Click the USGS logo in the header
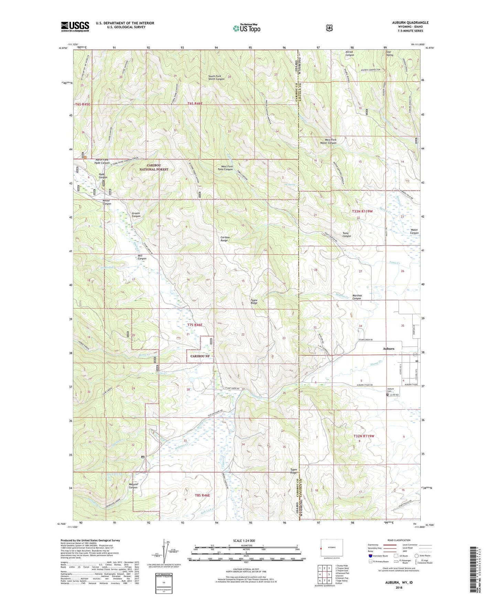pyautogui.click(x=75, y=26)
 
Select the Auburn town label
pyautogui.click(x=389, y=348)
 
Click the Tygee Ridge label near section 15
pyautogui.click(x=254, y=301)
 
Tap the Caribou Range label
pyautogui.click(x=224, y=239)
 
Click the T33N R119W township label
pyautogui.click(x=363, y=212)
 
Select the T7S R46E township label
pyautogui.click(x=195, y=325)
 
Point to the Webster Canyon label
pyautogui.click(x=133, y=486)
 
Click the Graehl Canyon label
pyautogui.click(x=136, y=215)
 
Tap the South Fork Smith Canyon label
pyautogui.click(x=216, y=77)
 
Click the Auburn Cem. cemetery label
pyautogui.click(x=390, y=390)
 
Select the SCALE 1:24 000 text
pyautogui.click(x=244, y=541)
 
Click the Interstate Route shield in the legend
pyautogui.click(x=370, y=556)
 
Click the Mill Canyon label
pyautogui.click(x=142, y=257)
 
